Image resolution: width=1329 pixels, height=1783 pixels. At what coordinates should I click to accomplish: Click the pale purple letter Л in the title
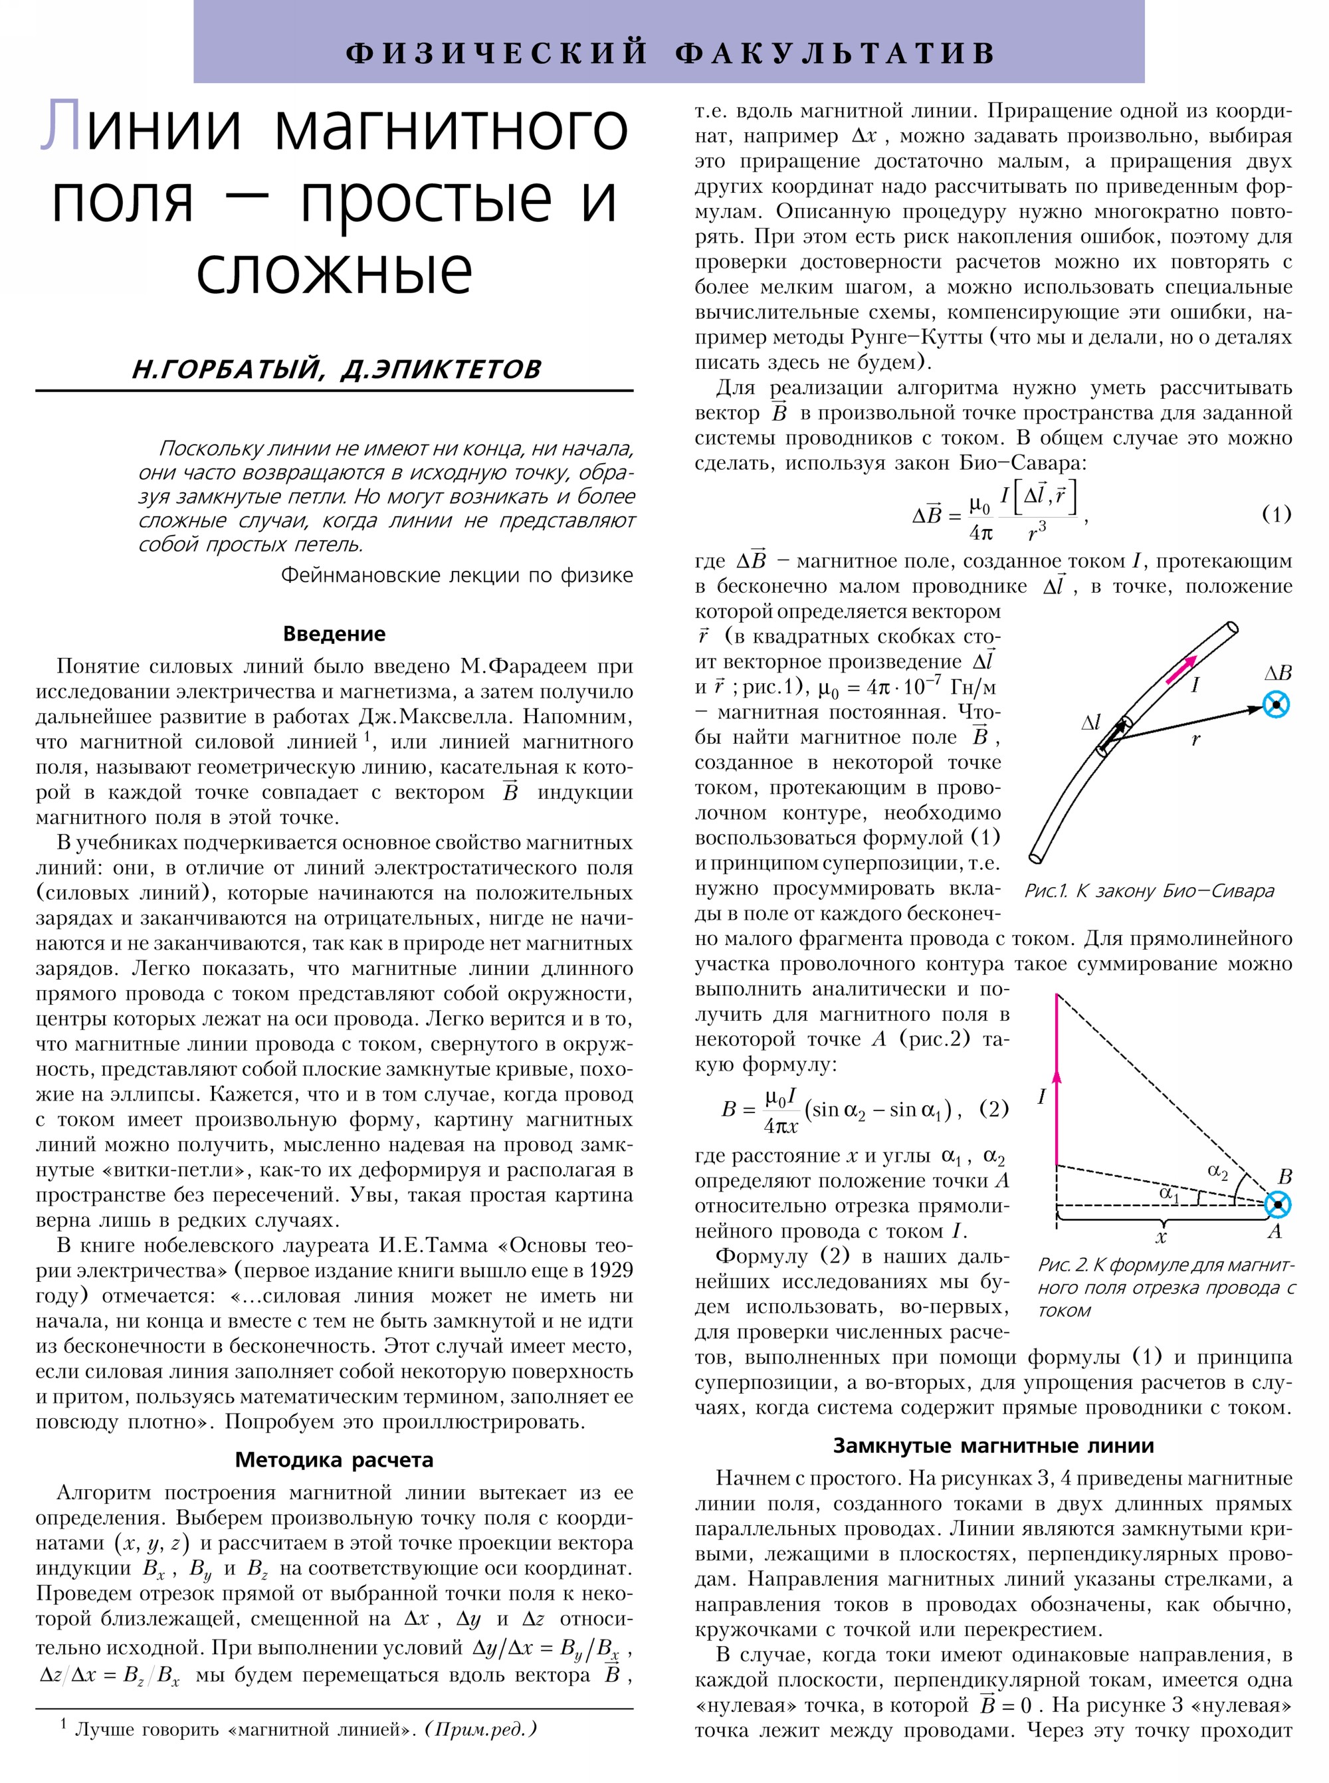(x=60, y=126)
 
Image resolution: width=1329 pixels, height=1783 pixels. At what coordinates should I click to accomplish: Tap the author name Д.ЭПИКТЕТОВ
(x=440, y=369)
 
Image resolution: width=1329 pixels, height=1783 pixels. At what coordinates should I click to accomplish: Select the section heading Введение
(x=334, y=633)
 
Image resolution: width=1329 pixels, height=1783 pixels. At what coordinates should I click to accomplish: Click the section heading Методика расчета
(x=334, y=1459)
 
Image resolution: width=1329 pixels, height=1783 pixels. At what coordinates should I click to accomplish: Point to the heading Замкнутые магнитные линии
(x=993, y=1445)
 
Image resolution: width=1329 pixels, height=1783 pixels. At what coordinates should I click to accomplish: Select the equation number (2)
(x=993, y=1108)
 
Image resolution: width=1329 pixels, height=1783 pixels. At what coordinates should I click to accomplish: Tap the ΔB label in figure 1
(x=1278, y=673)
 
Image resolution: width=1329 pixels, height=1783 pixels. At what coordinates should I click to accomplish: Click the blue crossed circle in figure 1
(x=1276, y=706)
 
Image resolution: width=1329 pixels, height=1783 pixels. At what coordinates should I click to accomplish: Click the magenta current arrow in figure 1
(x=1181, y=667)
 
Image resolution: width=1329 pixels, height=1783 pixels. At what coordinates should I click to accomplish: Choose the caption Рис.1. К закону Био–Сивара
(x=1149, y=891)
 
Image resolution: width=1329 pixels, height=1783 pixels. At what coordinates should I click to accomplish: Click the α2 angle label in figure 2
(x=1218, y=1171)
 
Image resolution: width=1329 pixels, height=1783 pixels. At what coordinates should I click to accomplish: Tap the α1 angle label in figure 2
(x=1169, y=1194)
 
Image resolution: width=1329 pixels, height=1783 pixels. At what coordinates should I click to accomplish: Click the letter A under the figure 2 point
(x=1275, y=1231)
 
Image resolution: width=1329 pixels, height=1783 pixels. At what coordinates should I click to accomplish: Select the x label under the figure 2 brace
(x=1160, y=1236)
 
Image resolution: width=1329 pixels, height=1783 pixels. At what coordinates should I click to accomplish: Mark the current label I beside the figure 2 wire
(x=1042, y=1097)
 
